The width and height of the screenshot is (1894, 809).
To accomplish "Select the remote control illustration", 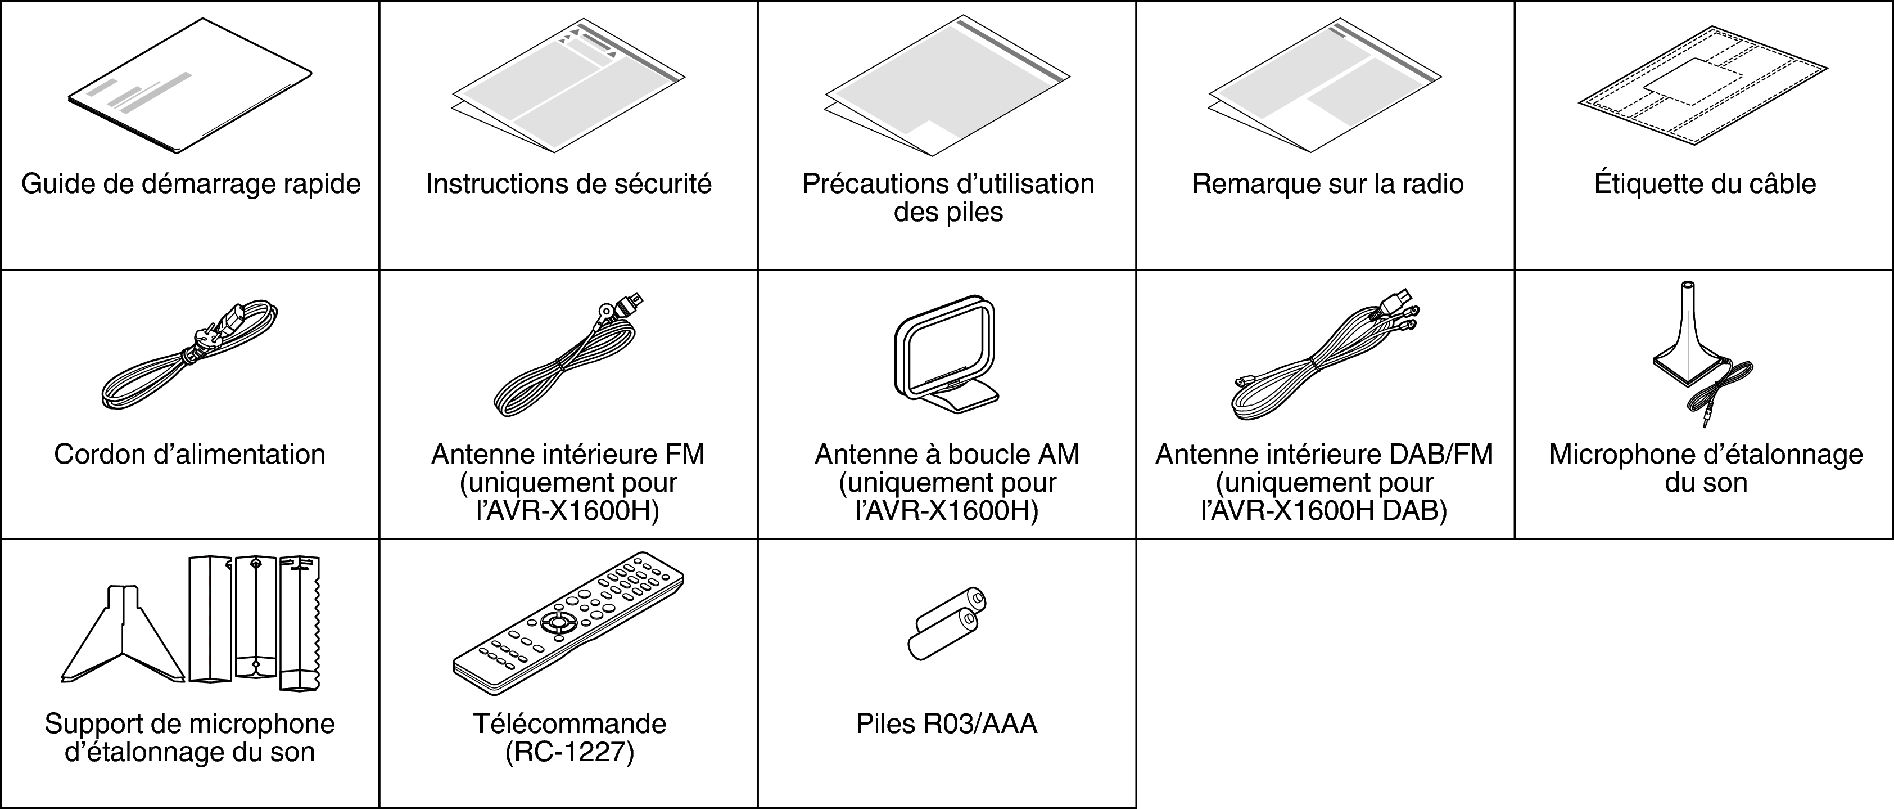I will click(568, 622).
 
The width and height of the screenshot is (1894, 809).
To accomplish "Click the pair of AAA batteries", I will click(946, 624).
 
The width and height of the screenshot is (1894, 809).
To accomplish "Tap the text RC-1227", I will click(569, 752).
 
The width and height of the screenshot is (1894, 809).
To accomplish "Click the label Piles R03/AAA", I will click(946, 723).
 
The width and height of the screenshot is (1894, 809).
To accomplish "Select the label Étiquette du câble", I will click(1705, 183).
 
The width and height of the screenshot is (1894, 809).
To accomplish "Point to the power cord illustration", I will click(189, 357).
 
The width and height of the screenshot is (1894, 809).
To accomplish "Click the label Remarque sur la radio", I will click(1327, 183).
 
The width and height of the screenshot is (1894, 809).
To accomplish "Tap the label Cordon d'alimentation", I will click(189, 454).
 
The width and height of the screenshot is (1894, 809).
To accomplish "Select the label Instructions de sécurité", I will click(568, 183).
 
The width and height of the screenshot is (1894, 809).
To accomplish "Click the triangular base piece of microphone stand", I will click(122, 640).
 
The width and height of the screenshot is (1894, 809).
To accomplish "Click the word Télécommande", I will click(569, 723).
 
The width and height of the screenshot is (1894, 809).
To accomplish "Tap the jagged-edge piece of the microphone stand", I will click(301, 622).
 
